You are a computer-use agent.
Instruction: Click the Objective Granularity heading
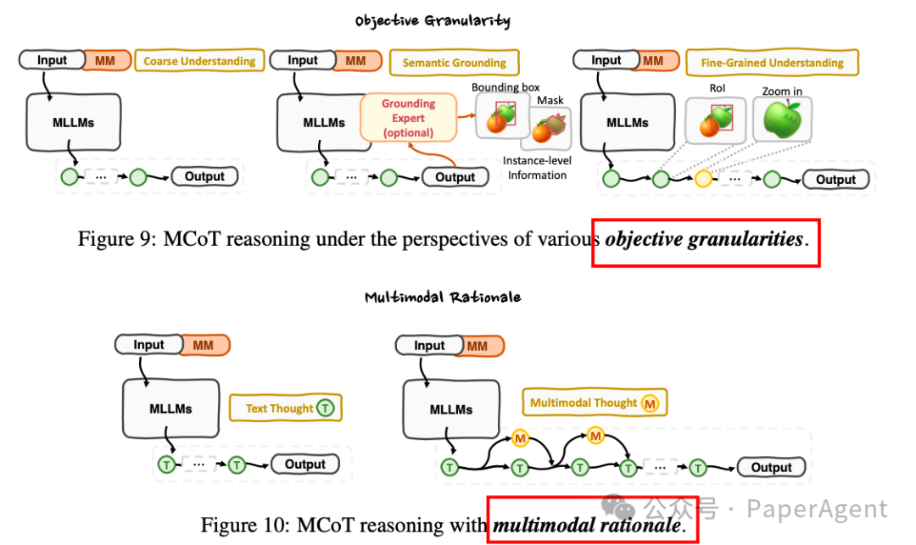[x=433, y=21]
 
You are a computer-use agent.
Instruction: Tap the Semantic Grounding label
[x=454, y=63]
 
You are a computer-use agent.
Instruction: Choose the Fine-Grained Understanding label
[x=772, y=63]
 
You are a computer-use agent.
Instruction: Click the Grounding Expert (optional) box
[x=408, y=118]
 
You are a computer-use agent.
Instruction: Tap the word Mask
[x=550, y=100]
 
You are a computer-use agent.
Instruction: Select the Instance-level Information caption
[x=534, y=168]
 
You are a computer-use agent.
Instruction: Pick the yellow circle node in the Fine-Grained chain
[x=703, y=179]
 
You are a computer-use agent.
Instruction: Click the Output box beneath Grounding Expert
[x=455, y=177]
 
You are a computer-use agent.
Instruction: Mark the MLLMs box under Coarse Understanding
[x=73, y=123]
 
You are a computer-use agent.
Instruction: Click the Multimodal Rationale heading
[x=443, y=298]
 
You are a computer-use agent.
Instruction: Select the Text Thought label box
[x=285, y=408]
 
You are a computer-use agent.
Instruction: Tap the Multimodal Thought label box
[x=594, y=403]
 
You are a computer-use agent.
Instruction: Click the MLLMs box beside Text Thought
[x=170, y=409]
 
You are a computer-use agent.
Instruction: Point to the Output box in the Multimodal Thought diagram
[x=771, y=467]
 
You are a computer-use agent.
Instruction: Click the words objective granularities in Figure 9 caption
[x=704, y=239]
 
